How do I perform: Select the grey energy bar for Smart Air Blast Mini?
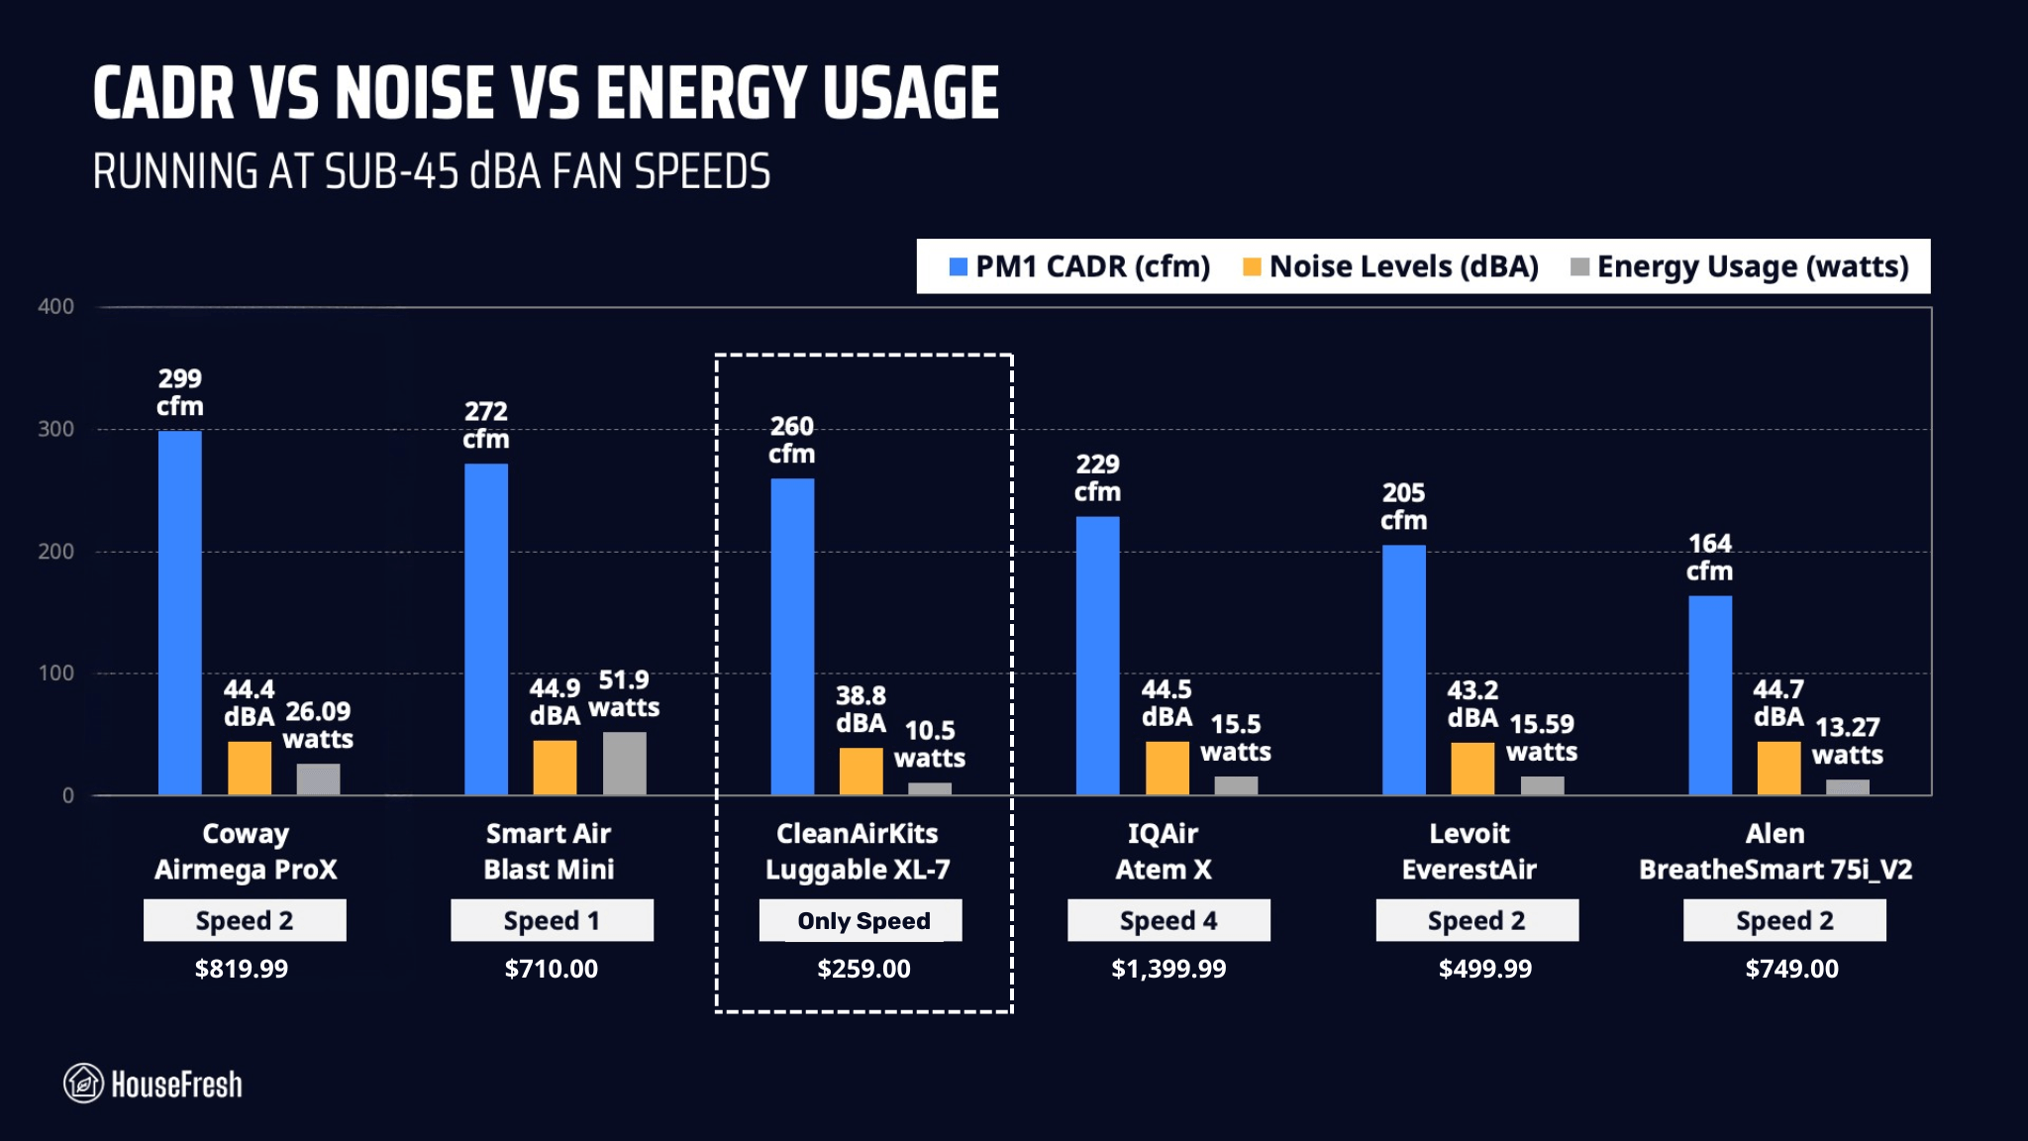pos(624,764)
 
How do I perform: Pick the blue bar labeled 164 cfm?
pos(1709,694)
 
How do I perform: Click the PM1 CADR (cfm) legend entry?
pos(1079,266)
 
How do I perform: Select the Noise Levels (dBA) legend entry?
pos(1390,266)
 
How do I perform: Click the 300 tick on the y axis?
pos(56,429)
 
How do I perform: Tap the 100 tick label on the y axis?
pos(56,674)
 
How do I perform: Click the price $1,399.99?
pos(1168,969)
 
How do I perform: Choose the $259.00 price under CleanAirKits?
pos(863,969)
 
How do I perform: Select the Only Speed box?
pos(861,920)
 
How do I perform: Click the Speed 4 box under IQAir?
pos(1168,920)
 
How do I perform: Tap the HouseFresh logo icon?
pos(84,1084)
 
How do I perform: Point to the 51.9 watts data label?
pos(624,693)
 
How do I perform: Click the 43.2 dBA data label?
pos(1472,703)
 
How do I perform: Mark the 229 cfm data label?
pos(1097,477)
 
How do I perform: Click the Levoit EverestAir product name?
pos(1469,851)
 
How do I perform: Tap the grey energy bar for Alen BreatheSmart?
pos(1847,786)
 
